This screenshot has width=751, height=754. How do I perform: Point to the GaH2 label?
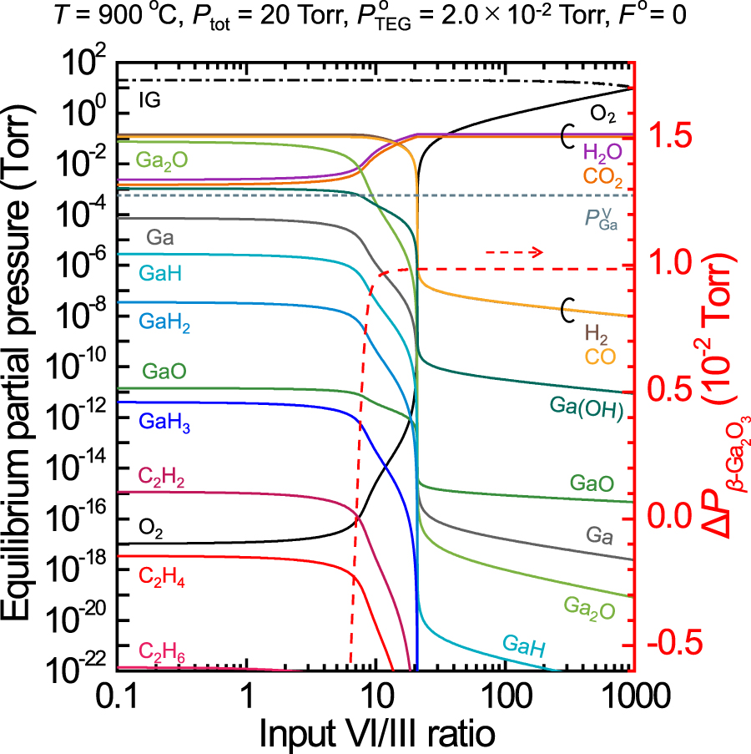(168, 325)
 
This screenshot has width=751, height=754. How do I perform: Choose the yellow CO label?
(599, 357)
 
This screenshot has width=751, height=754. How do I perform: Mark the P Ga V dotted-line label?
(600, 219)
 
